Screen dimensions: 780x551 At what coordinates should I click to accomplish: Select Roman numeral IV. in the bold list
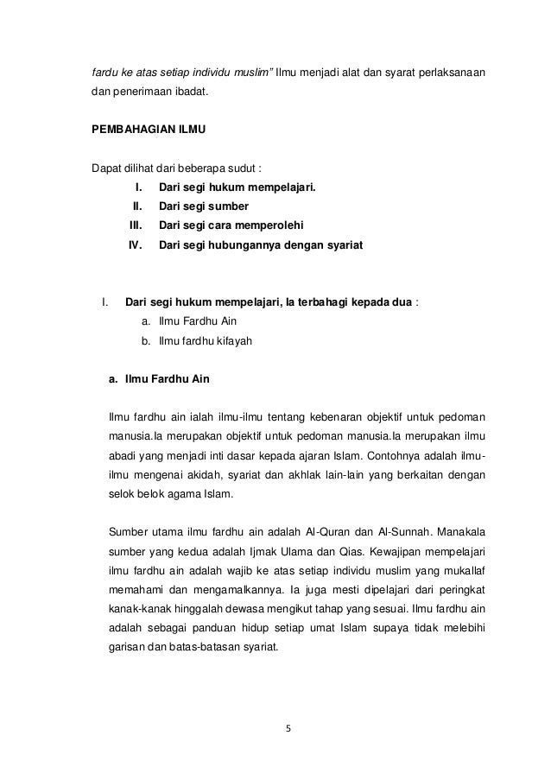[x=135, y=245]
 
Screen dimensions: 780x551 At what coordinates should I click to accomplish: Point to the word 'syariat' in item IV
[x=344, y=245]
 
